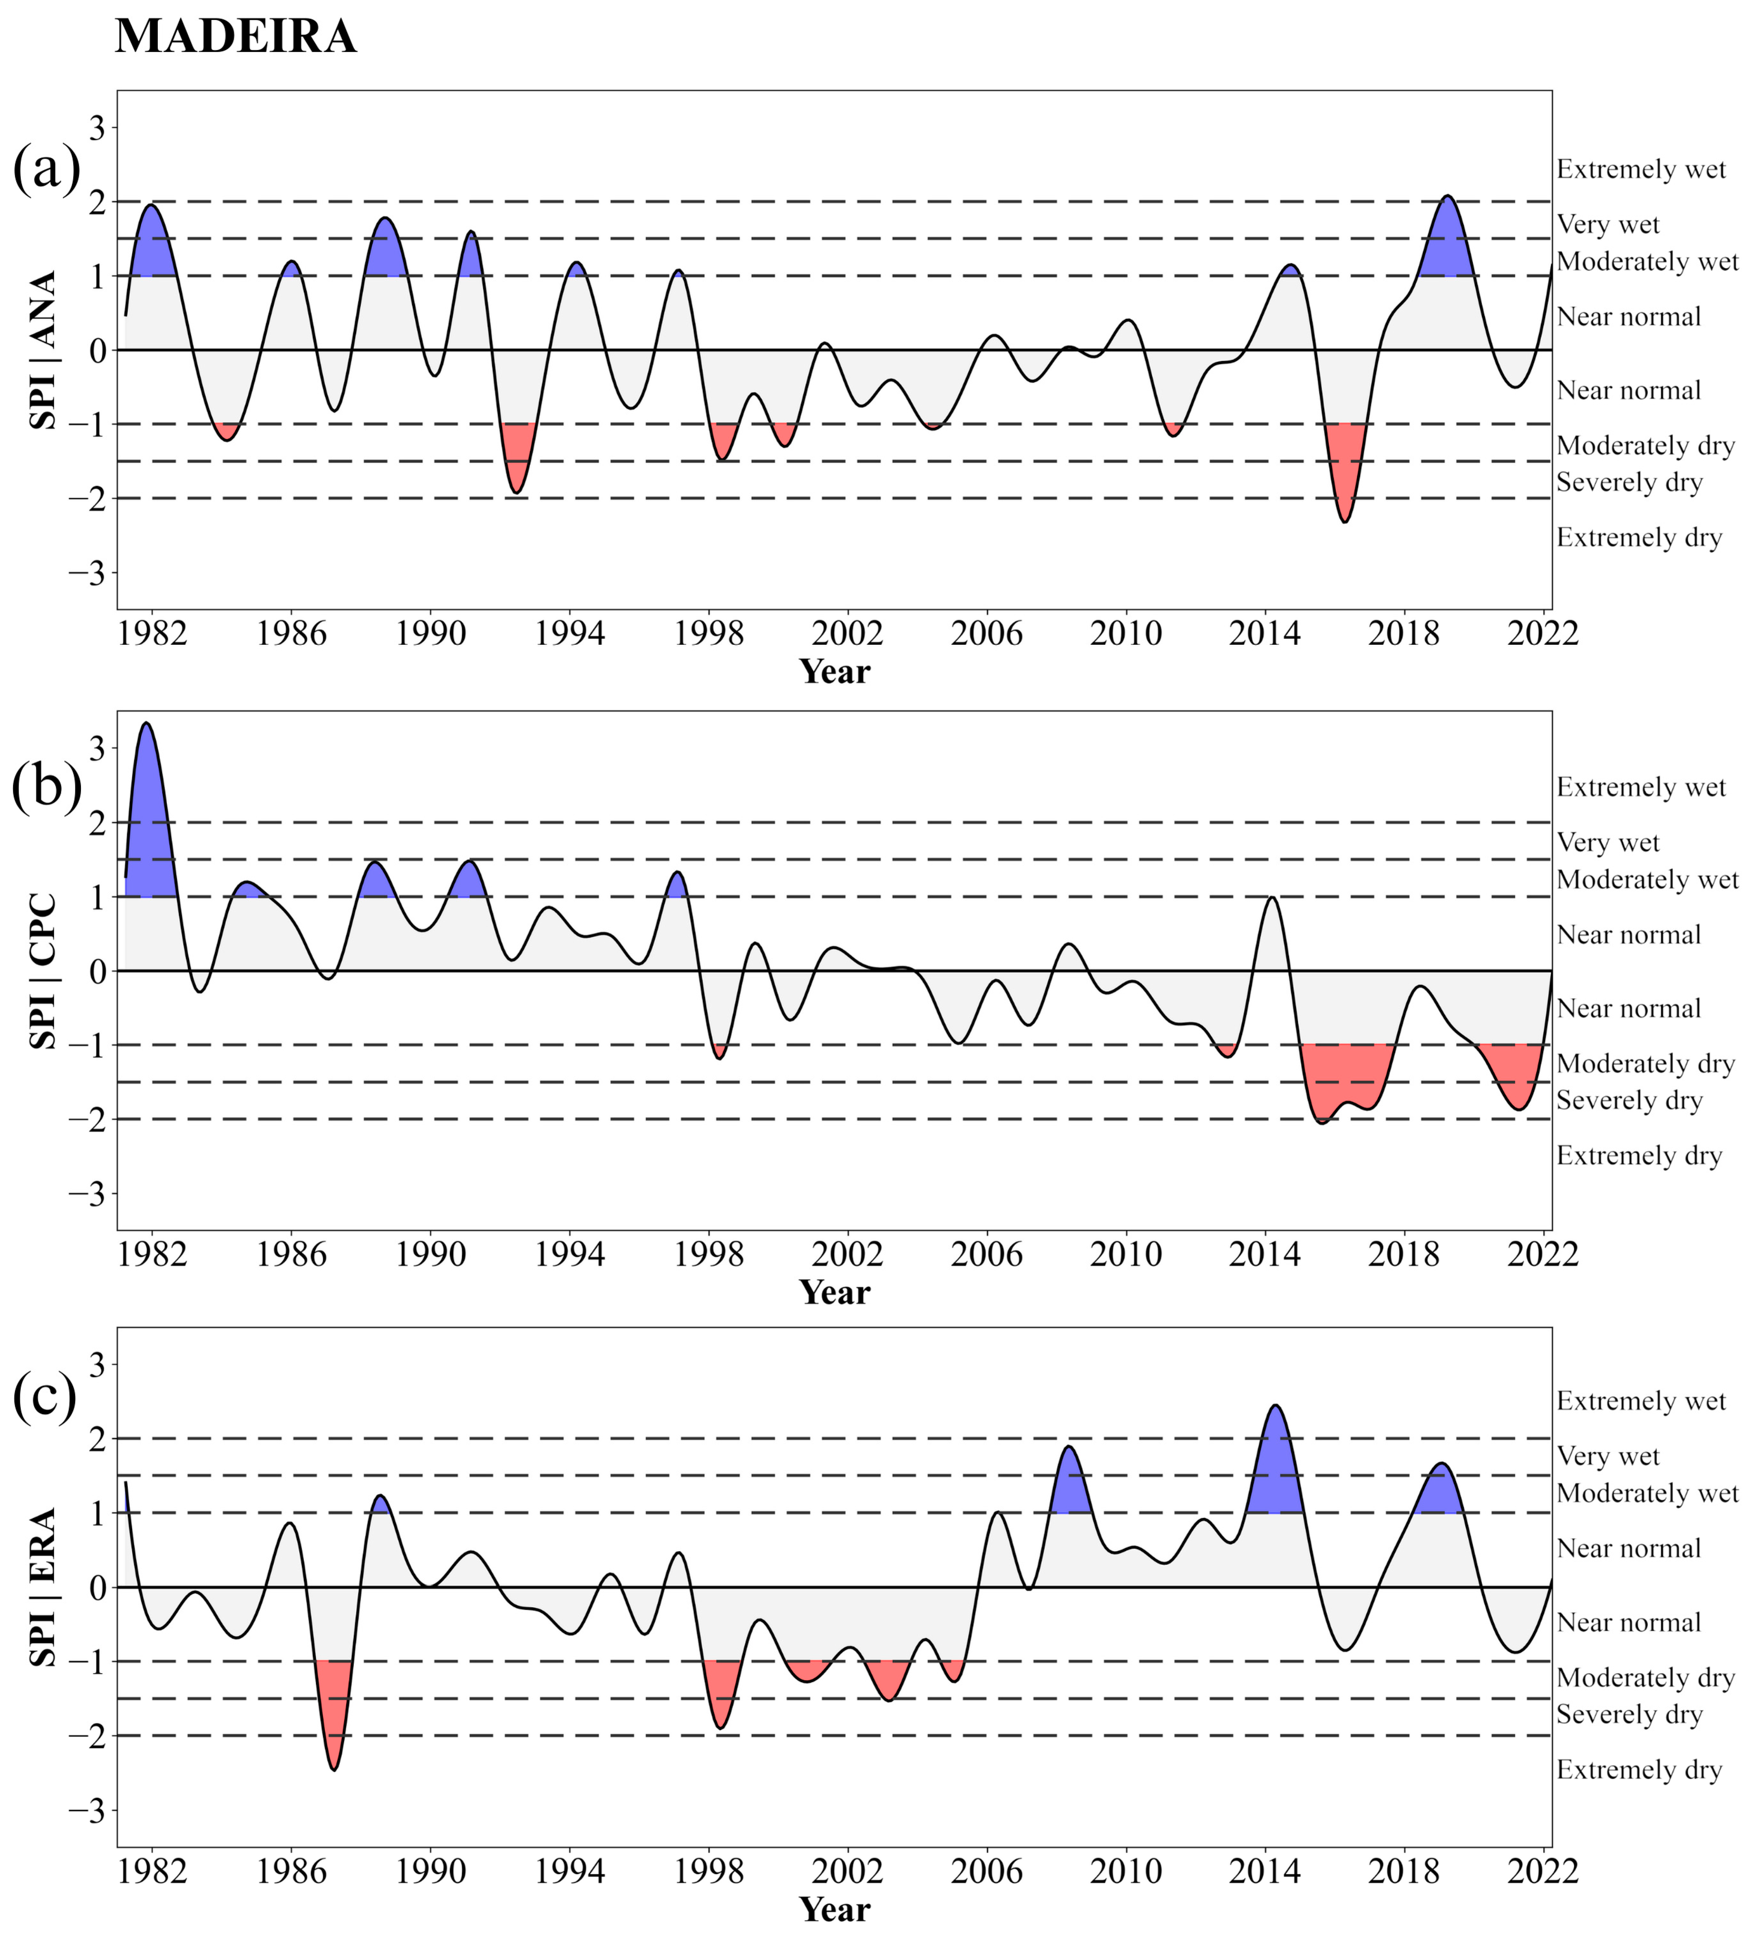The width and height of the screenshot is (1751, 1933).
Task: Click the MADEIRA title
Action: [x=236, y=37]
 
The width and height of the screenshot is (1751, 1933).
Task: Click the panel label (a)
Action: [x=46, y=170]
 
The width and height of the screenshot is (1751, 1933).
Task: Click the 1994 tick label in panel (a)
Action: [x=569, y=634]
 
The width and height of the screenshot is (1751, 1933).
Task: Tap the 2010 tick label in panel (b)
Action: [x=1126, y=1254]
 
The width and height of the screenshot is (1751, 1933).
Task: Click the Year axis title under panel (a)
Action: [x=834, y=672]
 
